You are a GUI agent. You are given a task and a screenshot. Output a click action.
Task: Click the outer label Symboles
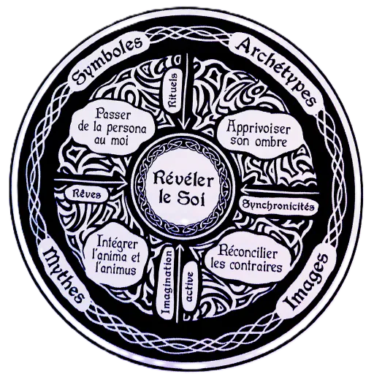[x=107, y=62]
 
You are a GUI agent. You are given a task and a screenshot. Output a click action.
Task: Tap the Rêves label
[x=87, y=194]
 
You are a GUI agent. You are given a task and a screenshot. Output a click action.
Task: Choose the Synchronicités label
[x=277, y=206]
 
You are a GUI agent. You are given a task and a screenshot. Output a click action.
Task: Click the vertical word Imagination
[x=168, y=283]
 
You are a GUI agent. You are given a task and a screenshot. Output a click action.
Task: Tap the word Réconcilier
[x=247, y=253]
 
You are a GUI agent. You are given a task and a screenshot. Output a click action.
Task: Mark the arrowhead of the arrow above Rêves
[x=122, y=181]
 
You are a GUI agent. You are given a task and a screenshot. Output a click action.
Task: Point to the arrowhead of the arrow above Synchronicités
[x=246, y=190]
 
